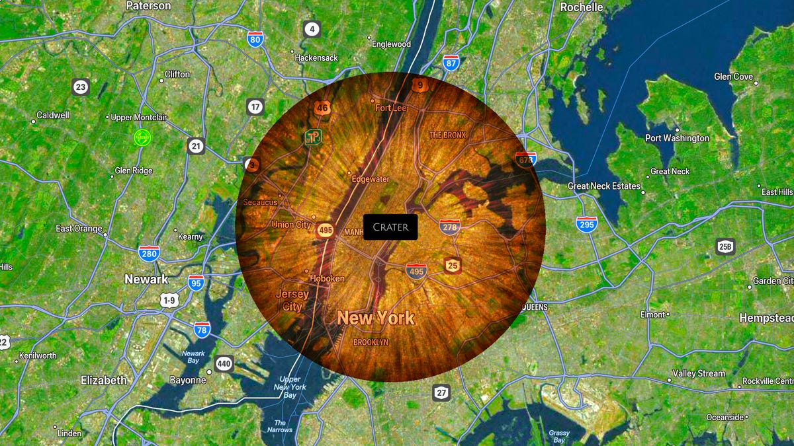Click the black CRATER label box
(390, 227)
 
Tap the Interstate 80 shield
(255, 39)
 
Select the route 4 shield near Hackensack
(312, 28)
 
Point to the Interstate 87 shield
(451, 63)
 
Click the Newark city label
(146, 279)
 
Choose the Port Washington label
(677, 138)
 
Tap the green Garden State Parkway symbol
(142, 137)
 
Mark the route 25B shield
(725, 247)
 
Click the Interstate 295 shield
(586, 224)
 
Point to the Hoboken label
(327, 278)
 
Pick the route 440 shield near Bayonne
(224, 363)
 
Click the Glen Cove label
(733, 77)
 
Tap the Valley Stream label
(699, 373)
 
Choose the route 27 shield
(441, 392)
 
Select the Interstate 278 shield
(450, 227)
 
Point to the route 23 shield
(81, 87)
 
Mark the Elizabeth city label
(103, 380)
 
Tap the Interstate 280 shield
(149, 253)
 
